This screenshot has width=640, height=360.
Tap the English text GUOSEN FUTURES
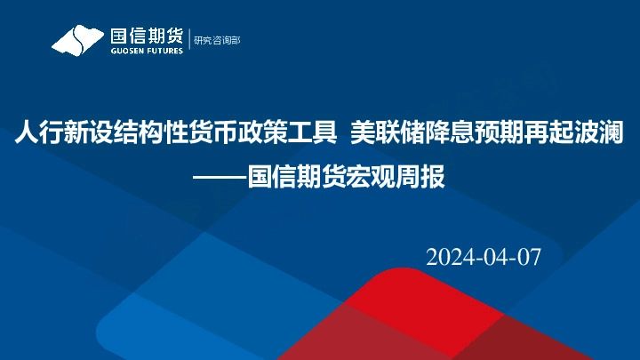(x=146, y=51)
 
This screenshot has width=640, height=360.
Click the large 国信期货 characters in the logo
(x=146, y=36)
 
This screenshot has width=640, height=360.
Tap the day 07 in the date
(x=528, y=257)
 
